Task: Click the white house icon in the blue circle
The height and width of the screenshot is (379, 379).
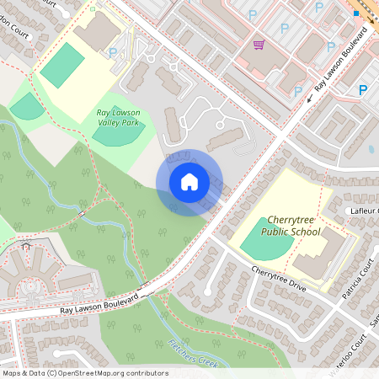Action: pyautogui.click(x=189, y=182)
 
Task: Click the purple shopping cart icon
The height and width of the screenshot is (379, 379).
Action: pyautogui.click(x=259, y=45)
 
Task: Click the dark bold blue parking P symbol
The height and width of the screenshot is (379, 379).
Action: pyautogui.click(x=363, y=89)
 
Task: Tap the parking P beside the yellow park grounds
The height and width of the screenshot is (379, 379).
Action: pyautogui.click(x=113, y=52)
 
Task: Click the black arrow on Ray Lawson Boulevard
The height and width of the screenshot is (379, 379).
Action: pyautogui.click(x=309, y=97)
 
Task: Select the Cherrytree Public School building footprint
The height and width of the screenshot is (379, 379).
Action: pyautogui.click(x=324, y=253)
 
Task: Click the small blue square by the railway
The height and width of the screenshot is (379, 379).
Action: pyautogui.click(x=356, y=13)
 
